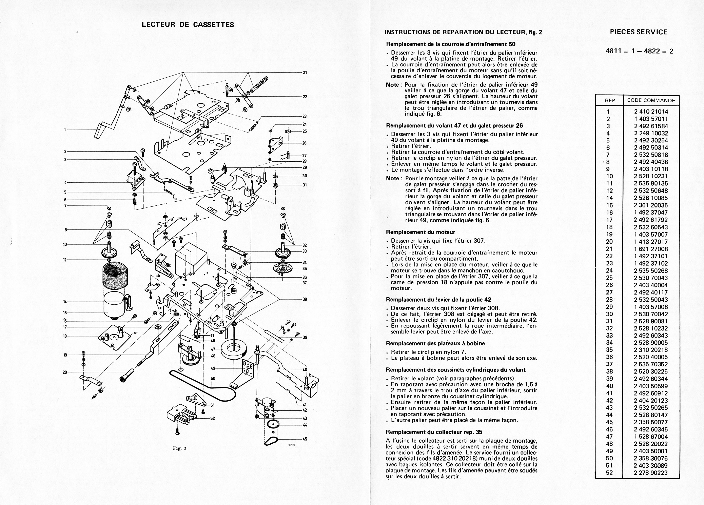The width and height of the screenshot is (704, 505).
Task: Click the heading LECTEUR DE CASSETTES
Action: pyautogui.click(x=188, y=24)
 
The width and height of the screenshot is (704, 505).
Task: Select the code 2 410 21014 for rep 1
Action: pyautogui.click(x=651, y=112)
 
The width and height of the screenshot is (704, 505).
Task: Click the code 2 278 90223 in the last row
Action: pyautogui.click(x=651, y=473)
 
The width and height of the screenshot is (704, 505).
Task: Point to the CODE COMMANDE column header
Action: pyautogui.click(x=651, y=100)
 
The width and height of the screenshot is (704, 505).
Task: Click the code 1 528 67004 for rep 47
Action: pyautogui.click(x=651, y=436)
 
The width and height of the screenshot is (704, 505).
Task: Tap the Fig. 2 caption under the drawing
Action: pyautogui.click(x=179, y=448)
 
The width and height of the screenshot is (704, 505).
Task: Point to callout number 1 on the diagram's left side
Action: pyautogui.click(x=65, y=130)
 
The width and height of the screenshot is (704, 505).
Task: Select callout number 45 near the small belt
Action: pyautogui.click(x=305, y=439)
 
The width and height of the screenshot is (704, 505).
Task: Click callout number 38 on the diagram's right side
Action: pyautogui.click(x=305, y=299)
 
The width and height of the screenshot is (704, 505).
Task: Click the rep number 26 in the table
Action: pyautogui.click(x=609, y=285)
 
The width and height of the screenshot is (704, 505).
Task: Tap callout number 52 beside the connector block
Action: pyautogui.click(x=212, y=418)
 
